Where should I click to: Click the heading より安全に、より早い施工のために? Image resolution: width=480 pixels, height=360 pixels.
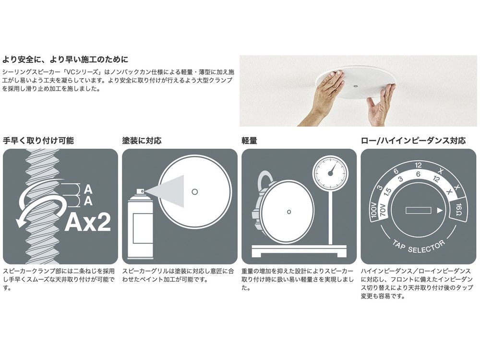point(65,60)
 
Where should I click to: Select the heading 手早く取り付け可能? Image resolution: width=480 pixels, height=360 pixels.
point(38,141)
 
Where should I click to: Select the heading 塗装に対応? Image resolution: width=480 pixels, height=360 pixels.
point(142,141)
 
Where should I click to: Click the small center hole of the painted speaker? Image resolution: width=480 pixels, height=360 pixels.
point(194,191)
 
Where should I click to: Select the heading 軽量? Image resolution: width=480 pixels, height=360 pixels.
point(249,141)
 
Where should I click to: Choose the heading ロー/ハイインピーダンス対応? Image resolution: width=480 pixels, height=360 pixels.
point(413,141)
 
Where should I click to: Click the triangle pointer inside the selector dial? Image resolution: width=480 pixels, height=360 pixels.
point(440,210)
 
